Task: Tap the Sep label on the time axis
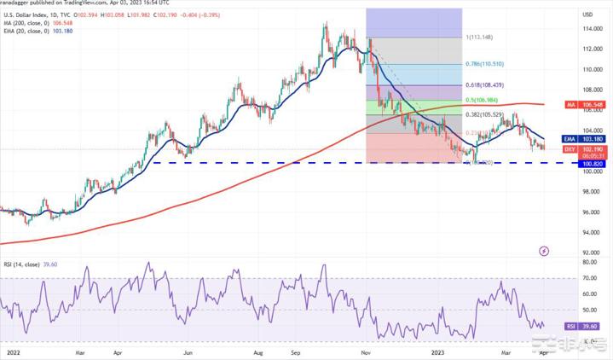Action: [295, 351]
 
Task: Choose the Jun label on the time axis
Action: [187, 351]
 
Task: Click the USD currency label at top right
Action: [587, 15]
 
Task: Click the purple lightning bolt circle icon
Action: [544, 252]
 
